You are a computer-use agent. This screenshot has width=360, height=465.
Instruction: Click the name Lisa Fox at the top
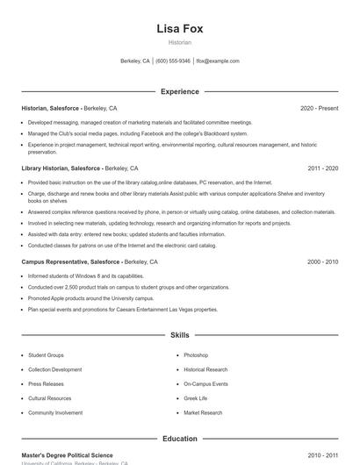(179, 28)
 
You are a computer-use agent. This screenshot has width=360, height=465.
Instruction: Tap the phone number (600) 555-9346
(172, 61)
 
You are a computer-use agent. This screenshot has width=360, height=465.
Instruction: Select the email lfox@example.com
(218, 61)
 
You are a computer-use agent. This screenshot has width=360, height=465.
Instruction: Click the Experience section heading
(179, 91)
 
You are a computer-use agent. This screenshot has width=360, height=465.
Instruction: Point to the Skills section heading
(179, 335)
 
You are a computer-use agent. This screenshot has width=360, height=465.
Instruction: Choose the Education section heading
(179, 439)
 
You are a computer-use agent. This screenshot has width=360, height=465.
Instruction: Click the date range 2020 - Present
(319, 108)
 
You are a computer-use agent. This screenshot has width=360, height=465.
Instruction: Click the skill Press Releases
(46, 384)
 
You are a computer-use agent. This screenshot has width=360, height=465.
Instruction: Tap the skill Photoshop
(196, 355)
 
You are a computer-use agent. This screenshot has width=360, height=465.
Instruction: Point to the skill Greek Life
(196, 398)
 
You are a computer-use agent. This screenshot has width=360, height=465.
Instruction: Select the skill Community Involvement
(55, 412)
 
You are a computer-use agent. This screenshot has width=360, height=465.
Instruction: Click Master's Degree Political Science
(68, 455)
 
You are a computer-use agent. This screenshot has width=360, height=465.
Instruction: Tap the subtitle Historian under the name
(179, 42)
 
